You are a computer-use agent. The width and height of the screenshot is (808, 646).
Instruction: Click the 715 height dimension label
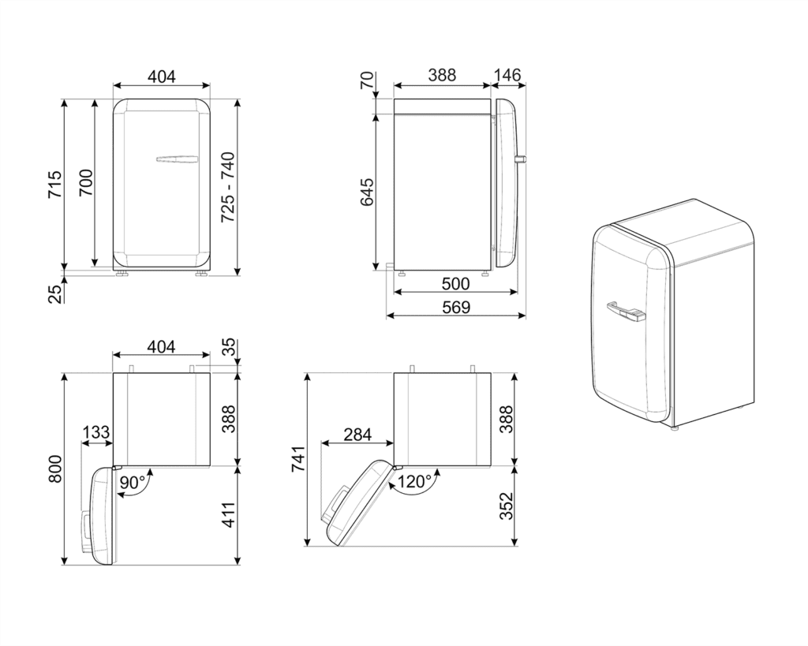click(x=55, y=185)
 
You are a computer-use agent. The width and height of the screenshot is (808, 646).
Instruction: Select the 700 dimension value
click(x=85, y=182)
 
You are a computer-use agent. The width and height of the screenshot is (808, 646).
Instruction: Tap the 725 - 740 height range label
click(x=228, y=187)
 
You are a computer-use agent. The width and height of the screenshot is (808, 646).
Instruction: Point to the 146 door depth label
click(x=508, y=75)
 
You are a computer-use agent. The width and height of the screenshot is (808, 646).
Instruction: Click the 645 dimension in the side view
click(x=367, y=192)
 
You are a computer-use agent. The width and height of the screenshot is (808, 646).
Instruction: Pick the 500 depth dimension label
click(x=455, y=283)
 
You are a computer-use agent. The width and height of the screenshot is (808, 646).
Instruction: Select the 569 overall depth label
click(x=456, y=308)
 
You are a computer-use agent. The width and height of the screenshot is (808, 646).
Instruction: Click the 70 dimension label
click(x=366, y=80)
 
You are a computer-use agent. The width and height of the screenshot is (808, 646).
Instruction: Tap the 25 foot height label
click(x=55, y=293)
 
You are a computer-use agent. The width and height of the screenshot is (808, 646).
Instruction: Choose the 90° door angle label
click(x=133, y=483)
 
